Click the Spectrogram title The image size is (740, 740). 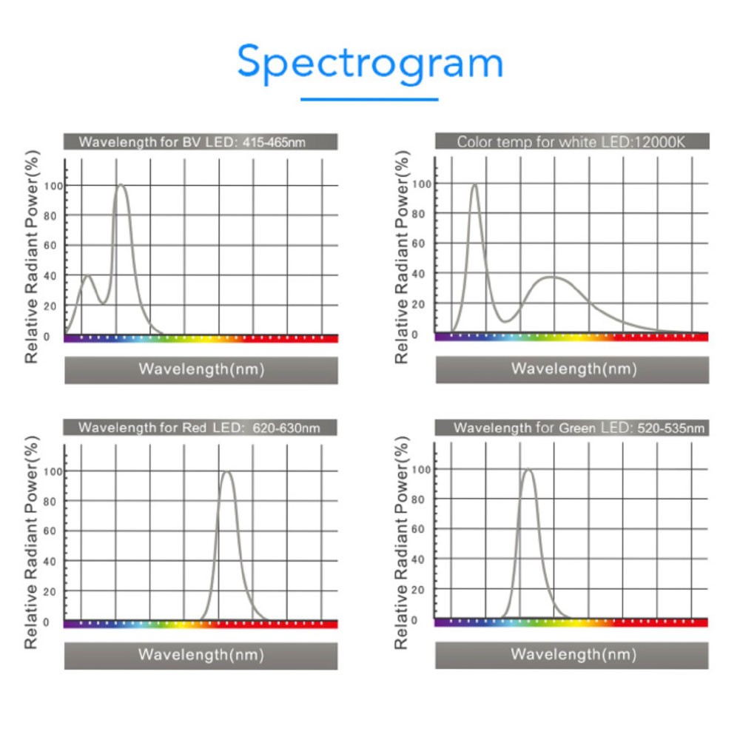pos(370,63)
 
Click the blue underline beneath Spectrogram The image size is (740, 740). pos(369,98)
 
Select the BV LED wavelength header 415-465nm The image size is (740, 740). pos(201,141)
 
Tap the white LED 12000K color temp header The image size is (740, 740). pos(572,141)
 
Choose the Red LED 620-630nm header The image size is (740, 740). pos(200,427)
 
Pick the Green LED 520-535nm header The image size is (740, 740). pos(572,428)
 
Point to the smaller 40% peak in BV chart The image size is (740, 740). pos(87,276)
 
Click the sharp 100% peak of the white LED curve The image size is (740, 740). pos(474,185)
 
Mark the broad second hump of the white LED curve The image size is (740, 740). pos(553,277)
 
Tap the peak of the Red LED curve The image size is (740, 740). pos(226,472)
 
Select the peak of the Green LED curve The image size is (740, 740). pos(528,469)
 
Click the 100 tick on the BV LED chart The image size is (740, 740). pos(50,185)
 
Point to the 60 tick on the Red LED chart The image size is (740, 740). pos(50,531)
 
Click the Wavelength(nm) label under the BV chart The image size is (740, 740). pos(201,369)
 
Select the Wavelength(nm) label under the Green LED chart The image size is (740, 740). pos(573,654)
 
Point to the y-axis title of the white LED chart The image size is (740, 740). pos(402,257)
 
